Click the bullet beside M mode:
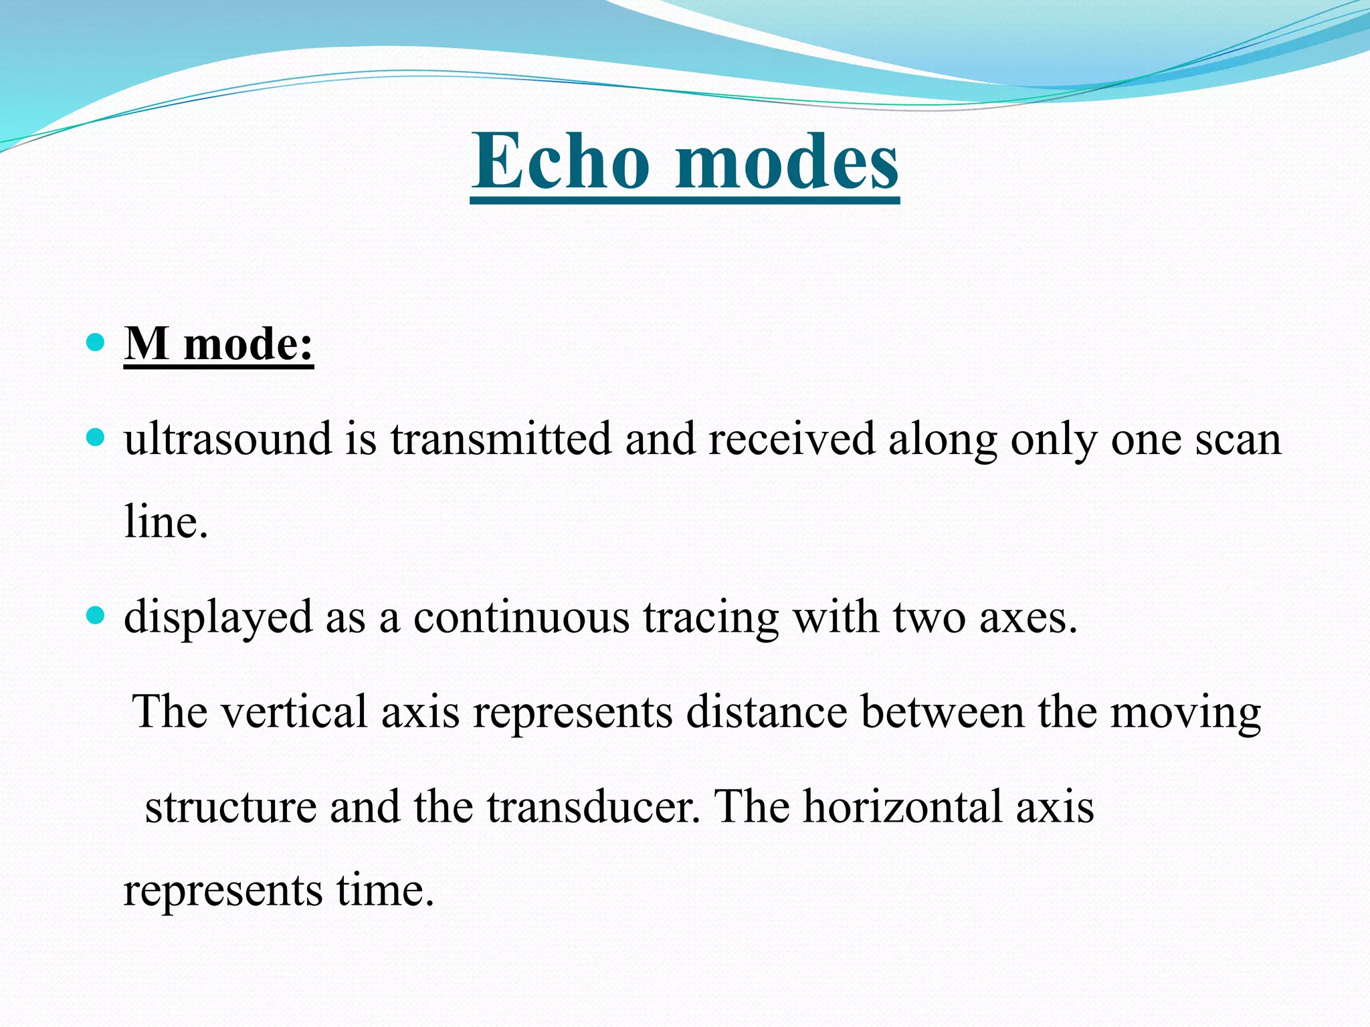(x=96, y=343)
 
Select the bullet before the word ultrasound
(x=96, y=439)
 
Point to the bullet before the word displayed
(x=96, y=615)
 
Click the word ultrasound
(x=227, y=440)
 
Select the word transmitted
(x=501, y=440)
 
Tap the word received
(x=791, y=440)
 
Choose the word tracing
(x=711, y=618)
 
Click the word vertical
(x=294, y=711)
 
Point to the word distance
(x=767, y=711)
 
